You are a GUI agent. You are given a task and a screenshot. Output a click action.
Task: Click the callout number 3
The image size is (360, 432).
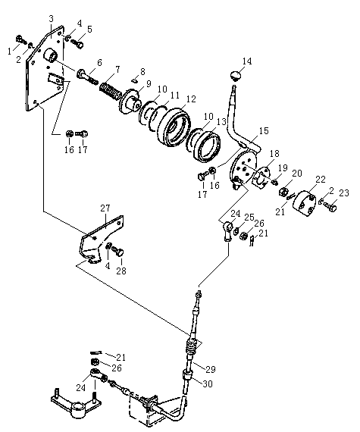click(x=52, y=19)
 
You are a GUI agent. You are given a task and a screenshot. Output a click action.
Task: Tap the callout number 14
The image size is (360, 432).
click(x=247, y=61)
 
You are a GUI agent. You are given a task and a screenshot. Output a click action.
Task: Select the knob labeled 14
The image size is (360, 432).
click(x=235, y=75)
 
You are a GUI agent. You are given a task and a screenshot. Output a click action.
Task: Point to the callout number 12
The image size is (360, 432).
click(x=191, y=99)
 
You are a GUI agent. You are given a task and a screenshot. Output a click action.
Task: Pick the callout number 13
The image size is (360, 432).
click(x=222, y=121)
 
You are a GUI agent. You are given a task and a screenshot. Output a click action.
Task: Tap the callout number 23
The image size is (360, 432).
click(x=344, y=193)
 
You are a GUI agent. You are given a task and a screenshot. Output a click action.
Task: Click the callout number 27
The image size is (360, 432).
click(x=105, y=208)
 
